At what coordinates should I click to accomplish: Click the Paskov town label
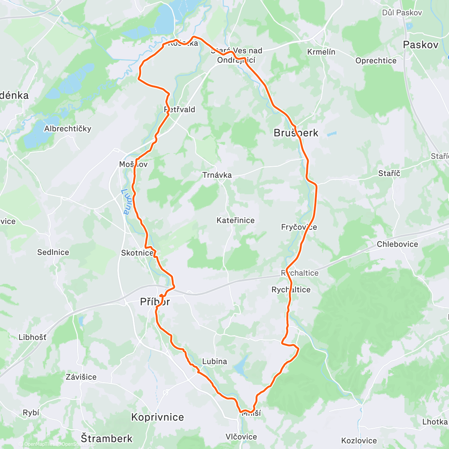[421, 45]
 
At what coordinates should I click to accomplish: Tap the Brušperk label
[296, 133]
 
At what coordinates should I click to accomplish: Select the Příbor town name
[155, 302]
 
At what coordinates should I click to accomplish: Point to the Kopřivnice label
[158, 417]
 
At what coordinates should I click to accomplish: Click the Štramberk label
[107, 438]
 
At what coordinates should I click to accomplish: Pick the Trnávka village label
[217, 175]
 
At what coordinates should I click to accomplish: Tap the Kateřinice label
[235, 220]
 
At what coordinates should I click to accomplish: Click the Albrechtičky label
[68, 129]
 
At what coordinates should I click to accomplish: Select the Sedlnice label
[53, 252]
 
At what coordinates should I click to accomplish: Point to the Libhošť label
[33, 337]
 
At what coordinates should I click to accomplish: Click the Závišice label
[81, 377]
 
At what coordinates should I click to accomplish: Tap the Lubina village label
[214, 361]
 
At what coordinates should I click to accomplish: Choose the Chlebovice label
[397, 244]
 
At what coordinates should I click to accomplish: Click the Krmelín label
[321, 52]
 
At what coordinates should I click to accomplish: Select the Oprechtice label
[376, 61]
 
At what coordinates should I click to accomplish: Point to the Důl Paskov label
[402, 13]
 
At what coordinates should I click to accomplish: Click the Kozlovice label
[359, 440]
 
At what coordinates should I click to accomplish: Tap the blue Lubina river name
[125, 201]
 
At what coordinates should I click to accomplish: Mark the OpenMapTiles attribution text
[39, 444]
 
